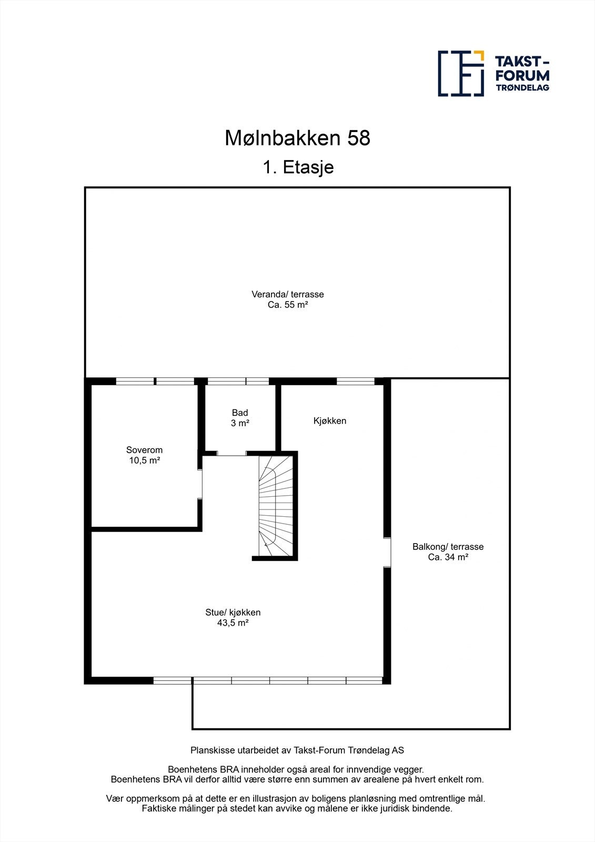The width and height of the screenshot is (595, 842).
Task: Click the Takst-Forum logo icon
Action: click(461, 74)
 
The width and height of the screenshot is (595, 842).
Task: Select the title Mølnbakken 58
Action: click(297, 138)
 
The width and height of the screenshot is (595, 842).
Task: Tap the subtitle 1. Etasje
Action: click(298, 167)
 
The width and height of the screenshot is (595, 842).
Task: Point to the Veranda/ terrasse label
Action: click(287, 294)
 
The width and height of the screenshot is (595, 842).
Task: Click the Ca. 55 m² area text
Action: click(287, 304)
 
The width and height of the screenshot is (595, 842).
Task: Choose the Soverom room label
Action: click(144, 450)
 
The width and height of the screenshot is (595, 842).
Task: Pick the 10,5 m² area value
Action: click(144, 460)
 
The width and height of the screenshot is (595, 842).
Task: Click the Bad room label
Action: click(240, 413)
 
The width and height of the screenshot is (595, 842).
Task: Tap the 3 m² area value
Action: click(240, 423)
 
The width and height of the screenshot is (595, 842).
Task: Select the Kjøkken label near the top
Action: click(330, 420)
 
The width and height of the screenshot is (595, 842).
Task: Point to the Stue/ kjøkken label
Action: click(233, 612)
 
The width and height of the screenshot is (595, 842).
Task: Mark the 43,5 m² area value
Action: click(233, 623)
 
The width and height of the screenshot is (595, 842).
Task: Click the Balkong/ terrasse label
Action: click(448, 547)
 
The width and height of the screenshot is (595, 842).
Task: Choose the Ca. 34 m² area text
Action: click(448, 557)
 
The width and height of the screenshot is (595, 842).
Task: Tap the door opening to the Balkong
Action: click(387, 552)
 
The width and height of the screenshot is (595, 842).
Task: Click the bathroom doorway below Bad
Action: click(232, 453)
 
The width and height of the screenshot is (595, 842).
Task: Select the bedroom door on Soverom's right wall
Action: click(200, 484)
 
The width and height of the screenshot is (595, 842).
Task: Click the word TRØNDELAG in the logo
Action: click(522, 87)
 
